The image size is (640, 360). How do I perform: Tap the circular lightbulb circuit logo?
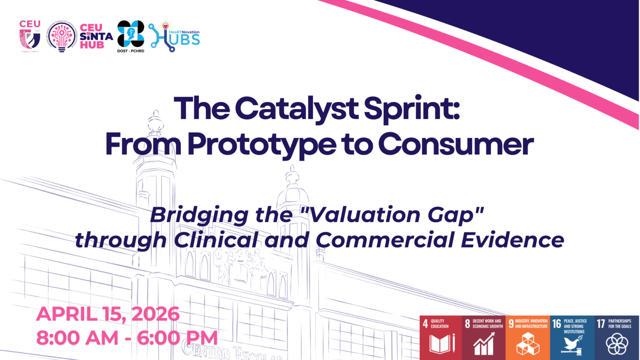coord(62,36)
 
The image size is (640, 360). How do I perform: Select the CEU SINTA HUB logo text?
coord(96,36)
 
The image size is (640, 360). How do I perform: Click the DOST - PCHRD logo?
coord(131,36)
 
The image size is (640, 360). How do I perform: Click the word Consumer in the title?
coord(455,144)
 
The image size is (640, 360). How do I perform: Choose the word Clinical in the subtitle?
coord(216,240)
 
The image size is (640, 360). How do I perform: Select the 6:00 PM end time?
coord(177,337)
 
